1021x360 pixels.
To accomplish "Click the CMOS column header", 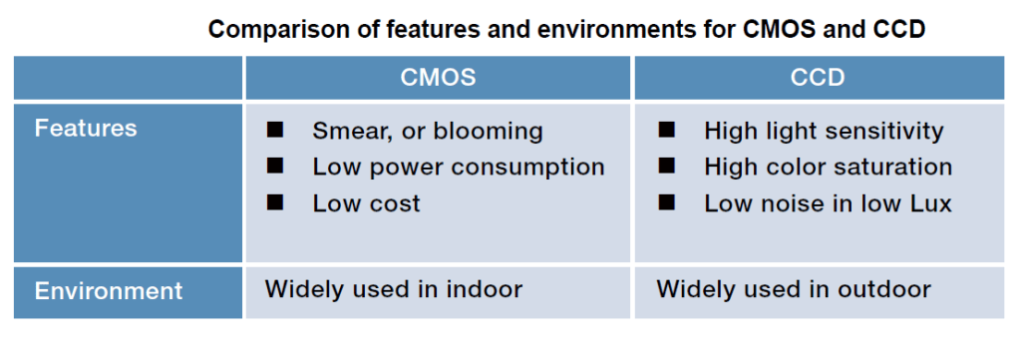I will click(438, 78).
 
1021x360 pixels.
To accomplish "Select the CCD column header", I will click(819, 78).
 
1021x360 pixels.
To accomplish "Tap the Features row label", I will click(86, 129).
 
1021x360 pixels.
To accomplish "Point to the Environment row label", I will click(109, 291).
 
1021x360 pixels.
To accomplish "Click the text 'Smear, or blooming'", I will click(428, 131).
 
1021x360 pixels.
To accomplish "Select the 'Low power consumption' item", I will click(459, 167).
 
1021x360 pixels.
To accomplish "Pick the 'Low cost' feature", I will click(366, 203).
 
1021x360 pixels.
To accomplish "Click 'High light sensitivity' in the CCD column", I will click(824, 131).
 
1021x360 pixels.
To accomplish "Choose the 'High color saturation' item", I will click(828, 167).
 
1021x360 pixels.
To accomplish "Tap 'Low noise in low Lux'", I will click(828, 203).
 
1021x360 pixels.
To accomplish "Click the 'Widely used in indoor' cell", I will click(393, 290).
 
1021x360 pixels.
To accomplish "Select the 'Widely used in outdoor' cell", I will click(794, 290).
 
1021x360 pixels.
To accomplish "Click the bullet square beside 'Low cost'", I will click(275, 202).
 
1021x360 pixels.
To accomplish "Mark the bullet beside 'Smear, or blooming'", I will click(275, 130).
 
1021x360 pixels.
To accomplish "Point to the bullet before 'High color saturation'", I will click(667, 166).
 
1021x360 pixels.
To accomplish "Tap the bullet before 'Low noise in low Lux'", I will click(667, 202).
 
